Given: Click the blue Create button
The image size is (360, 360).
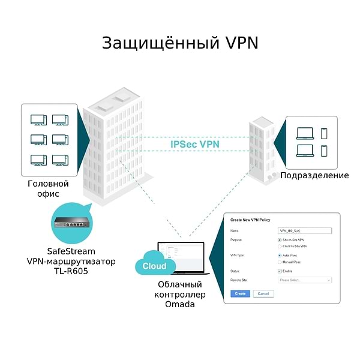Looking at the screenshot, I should (x=240, y=293).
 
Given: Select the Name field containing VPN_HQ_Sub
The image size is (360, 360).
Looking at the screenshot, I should (x=305, y=230).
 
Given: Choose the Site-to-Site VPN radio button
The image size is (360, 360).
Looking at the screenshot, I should (x=280, y=240).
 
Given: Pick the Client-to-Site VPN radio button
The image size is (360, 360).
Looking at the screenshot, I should (x=280, y=246).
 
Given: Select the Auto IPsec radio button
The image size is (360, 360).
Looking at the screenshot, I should (x=280, y=256).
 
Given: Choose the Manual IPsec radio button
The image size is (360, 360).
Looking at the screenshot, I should (x=280, y=262).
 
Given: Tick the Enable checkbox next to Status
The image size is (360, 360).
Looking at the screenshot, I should (x=280, y=271).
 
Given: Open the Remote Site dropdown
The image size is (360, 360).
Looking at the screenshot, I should (x=305, y=280).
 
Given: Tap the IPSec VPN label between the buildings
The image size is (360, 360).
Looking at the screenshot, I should (x=195, y=145).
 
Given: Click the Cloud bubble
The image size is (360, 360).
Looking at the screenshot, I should (x=154, y=266).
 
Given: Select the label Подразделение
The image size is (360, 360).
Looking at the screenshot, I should (x=314, y=175).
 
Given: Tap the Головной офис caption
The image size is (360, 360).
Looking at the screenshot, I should (x=48, y=188).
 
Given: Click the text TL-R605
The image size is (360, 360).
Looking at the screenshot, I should (x=71, y=272).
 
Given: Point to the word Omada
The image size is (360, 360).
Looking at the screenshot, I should (x=180, y=305).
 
